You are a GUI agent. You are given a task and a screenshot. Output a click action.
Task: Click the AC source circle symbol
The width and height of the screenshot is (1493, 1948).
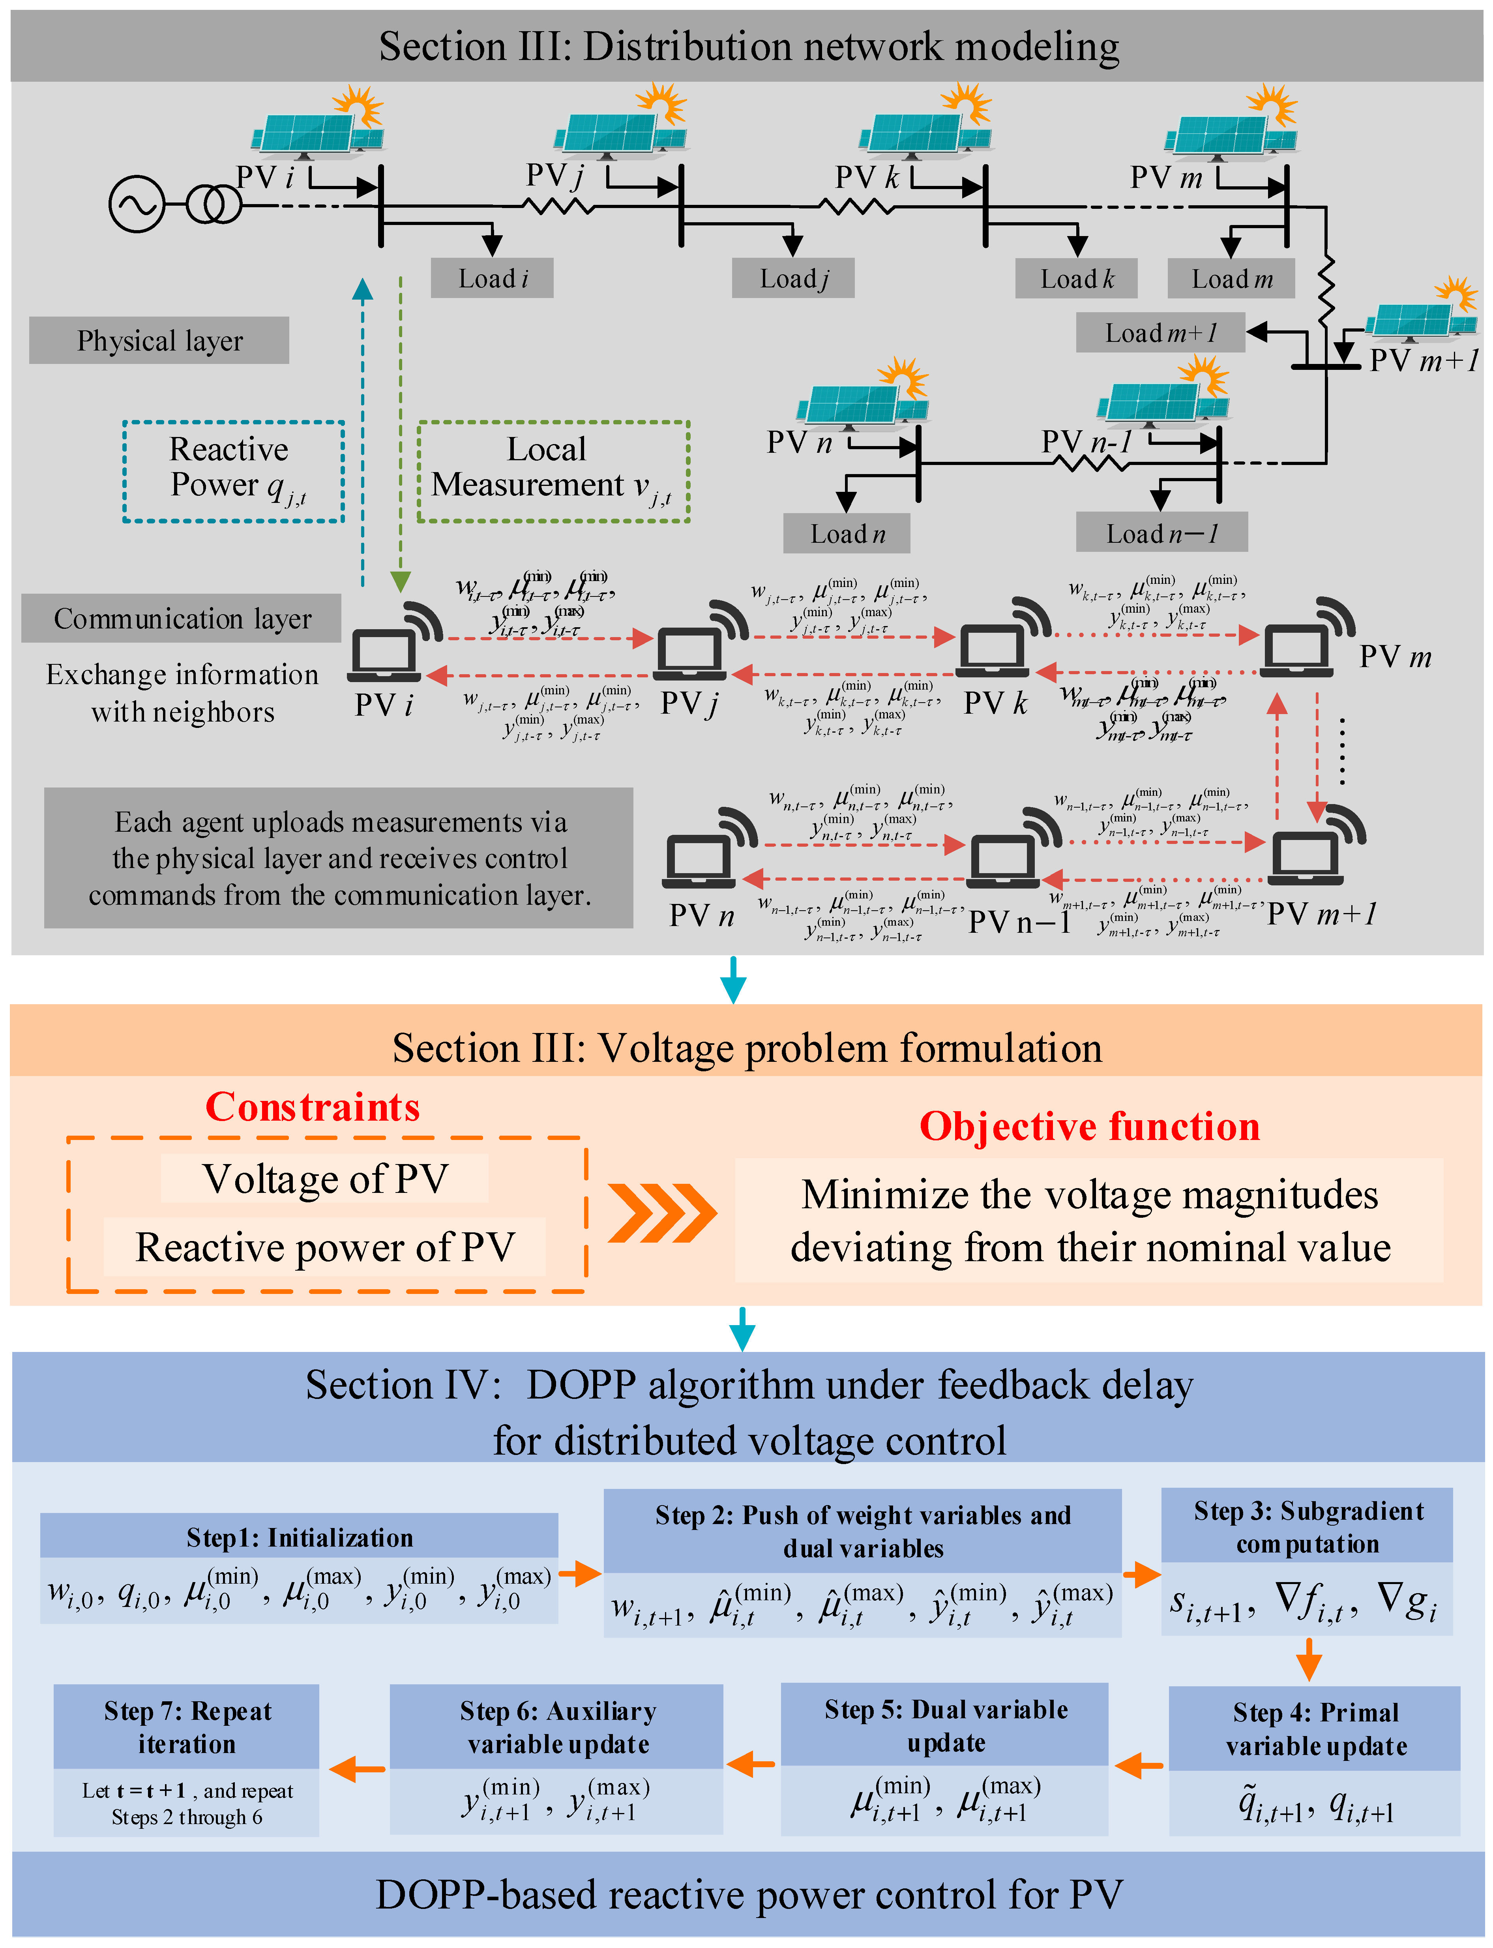[x=137, y=204]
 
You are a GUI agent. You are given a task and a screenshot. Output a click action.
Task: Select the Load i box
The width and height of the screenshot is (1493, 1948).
[x=492, y=278]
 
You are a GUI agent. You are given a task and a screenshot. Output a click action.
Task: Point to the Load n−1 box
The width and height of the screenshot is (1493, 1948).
[x=1161, y=533]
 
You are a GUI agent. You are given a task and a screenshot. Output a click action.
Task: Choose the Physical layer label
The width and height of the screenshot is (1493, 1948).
[x=159, y=340]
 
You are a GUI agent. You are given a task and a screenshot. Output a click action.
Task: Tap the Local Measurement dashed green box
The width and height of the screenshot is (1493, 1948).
[x=554, y=471]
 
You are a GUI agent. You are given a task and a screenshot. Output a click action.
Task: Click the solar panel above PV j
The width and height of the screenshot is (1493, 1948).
[x=613, y=133]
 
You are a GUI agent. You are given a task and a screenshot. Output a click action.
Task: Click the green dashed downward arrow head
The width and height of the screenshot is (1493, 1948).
[x=401, y=582]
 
